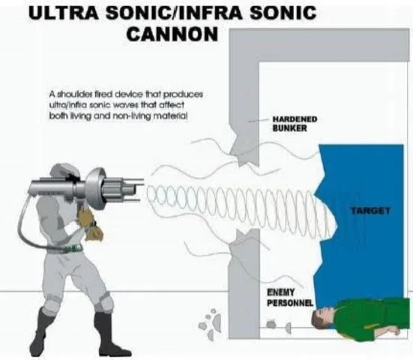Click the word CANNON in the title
[x=172, y=34]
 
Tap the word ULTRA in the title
[x=64, y=13]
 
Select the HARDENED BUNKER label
[x=295, y=124]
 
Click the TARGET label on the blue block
[x=370, y=210]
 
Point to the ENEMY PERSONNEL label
[x=290, y=298]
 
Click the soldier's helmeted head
[x=65, y=172]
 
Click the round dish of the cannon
[x=96, y=187]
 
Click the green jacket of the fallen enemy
[x=371, y=316]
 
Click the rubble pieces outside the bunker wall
[x=210, y=324]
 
